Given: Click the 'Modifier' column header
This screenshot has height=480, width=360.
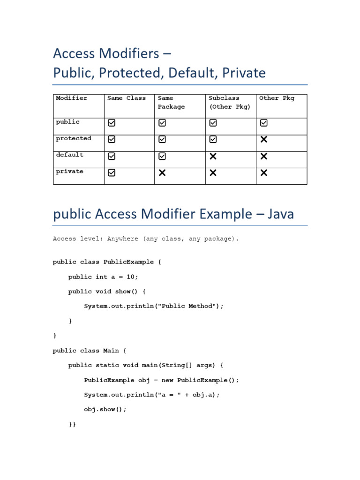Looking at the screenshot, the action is coord(72,98).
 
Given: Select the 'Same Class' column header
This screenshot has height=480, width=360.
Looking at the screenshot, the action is coord(127,98).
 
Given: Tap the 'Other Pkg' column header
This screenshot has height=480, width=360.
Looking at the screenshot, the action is coord(277,98).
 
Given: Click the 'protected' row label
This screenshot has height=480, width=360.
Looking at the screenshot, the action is coord(74,138).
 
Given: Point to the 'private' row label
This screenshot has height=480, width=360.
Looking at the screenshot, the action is coord(70,171).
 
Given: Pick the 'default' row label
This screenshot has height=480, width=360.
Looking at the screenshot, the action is coord(70,155).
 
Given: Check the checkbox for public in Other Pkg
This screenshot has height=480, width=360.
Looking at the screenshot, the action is coord(264,123).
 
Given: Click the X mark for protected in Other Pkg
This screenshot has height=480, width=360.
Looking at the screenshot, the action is coord(264,139).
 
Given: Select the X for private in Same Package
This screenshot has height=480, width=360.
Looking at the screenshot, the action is coord(162,173).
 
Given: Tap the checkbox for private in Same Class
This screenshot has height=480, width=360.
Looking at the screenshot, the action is coord(112,173).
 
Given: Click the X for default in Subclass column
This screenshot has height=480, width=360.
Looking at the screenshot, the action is coord(213,156).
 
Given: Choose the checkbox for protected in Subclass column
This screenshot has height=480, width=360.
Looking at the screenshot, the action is coord(213,139).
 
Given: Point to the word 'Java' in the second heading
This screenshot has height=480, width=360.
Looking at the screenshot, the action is coord(281,214).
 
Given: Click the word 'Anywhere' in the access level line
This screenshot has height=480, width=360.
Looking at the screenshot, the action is coord(123,239).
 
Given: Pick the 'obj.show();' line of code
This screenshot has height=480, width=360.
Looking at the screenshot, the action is coord(105,409).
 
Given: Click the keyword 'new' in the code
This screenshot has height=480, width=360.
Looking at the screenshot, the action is coord(167,380).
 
